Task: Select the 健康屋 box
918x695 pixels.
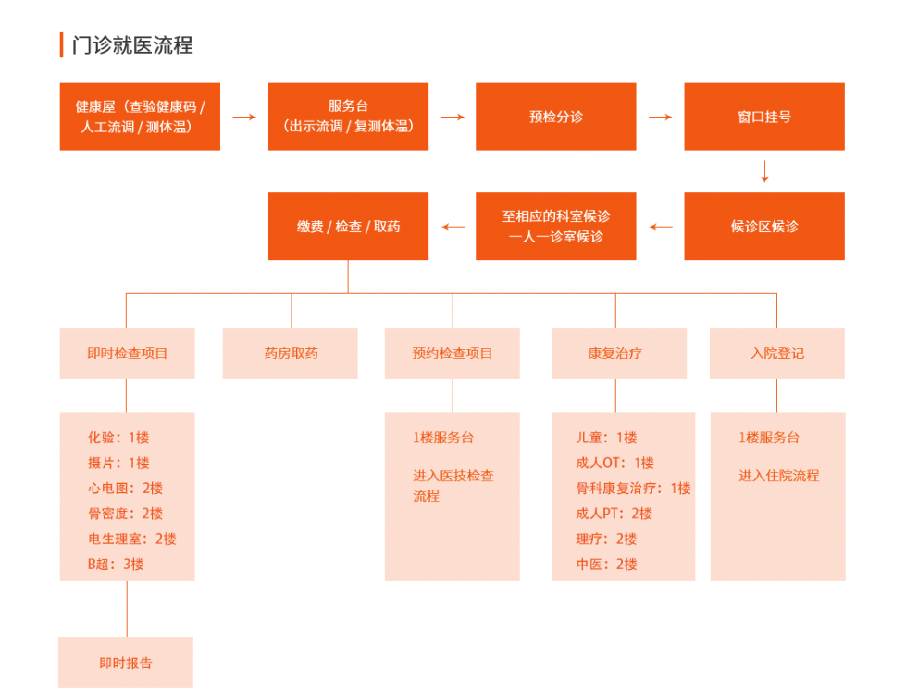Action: [140, 117]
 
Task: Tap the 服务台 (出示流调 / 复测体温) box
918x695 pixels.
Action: [348, 117]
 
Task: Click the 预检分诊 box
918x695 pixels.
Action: [556, 117]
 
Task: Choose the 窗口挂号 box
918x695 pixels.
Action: [764, 117]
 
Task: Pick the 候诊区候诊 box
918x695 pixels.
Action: [764, 226]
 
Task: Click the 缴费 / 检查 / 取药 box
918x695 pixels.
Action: [348, 226]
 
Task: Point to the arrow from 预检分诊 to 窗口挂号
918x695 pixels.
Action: [661, 118]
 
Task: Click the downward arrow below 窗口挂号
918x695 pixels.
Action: [765, 172]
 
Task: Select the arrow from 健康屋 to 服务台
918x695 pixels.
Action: [244, 118]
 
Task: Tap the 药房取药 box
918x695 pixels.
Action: [291, 353]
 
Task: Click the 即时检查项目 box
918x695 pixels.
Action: [128, 353]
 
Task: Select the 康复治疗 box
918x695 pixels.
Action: [619, 353]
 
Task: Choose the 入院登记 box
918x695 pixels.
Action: [777, 353]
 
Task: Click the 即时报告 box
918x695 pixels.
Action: [126, 662]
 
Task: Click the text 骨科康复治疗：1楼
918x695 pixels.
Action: [633, 488]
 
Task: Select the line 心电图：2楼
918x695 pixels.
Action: [125, 488]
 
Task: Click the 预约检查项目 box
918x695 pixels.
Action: [453, 353]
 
